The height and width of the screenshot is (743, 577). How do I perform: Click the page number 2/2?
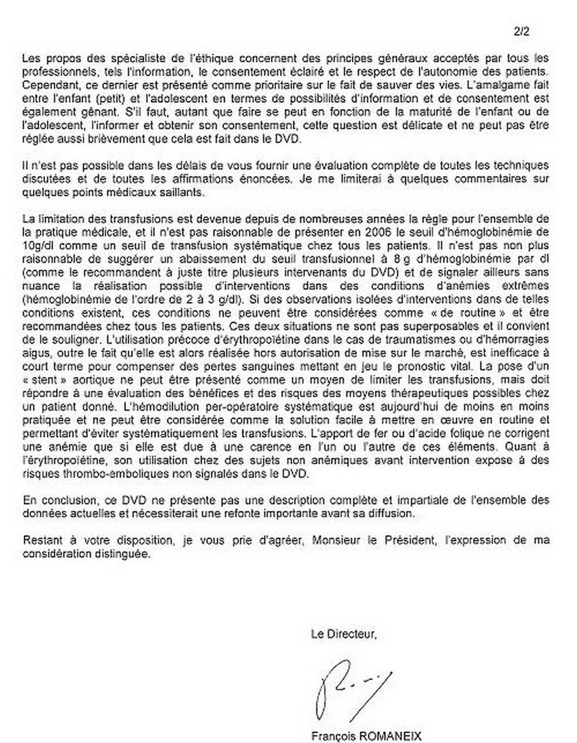pyautogui.click(x=521, y=32)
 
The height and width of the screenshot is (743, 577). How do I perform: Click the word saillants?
pyautogui.click(x=178, y=192)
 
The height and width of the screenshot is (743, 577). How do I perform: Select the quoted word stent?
pyautogui.click(x=49, y=380)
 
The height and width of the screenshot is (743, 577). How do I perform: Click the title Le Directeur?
pyautogui.click(x=344, y=635)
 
